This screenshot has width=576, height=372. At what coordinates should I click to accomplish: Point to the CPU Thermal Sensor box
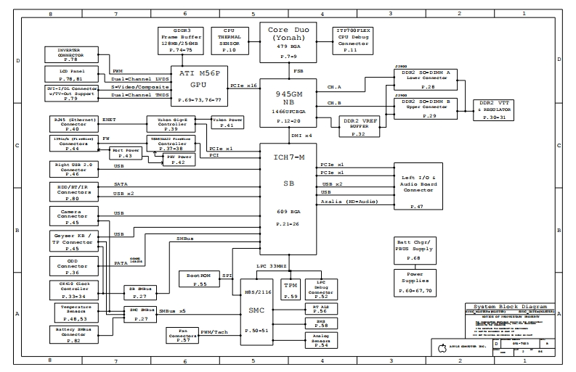pos(229,40)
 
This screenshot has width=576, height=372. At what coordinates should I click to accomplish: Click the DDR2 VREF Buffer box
pos(359,126)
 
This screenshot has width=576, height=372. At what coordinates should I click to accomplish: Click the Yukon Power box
pos(227,123)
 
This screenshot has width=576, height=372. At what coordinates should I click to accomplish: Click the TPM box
pos(291,289)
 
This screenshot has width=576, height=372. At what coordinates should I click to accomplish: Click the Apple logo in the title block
pos(440,349)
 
